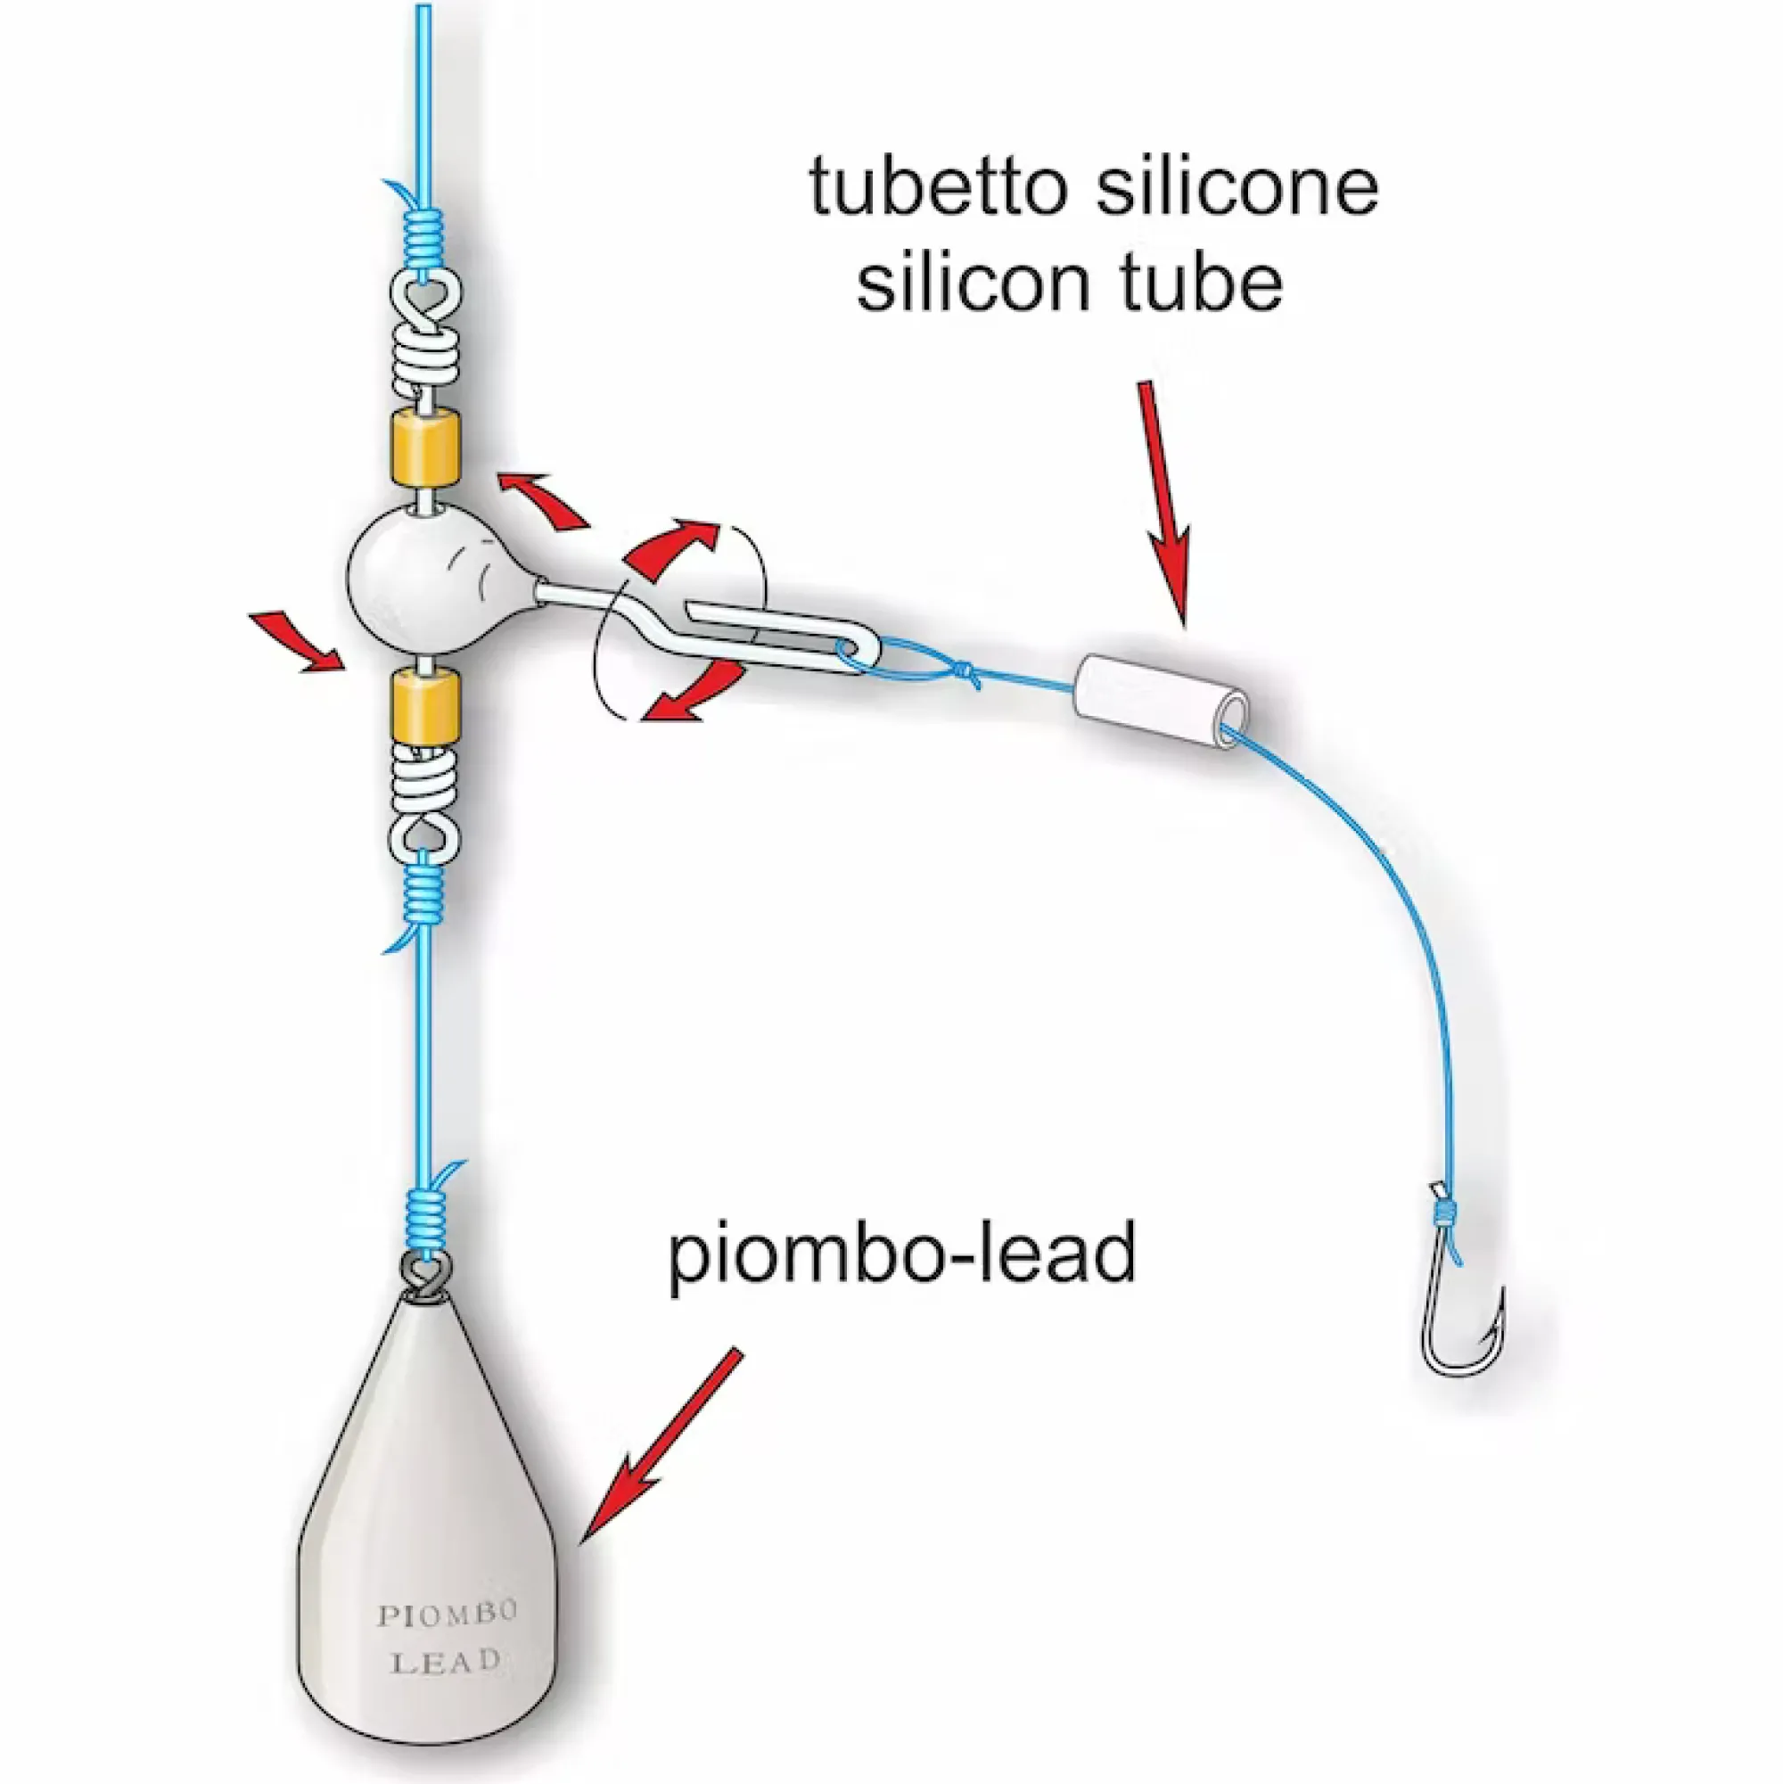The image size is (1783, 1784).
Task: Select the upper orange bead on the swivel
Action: (x=424, y=448)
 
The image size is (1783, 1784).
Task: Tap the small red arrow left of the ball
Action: (x=299, y=642)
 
